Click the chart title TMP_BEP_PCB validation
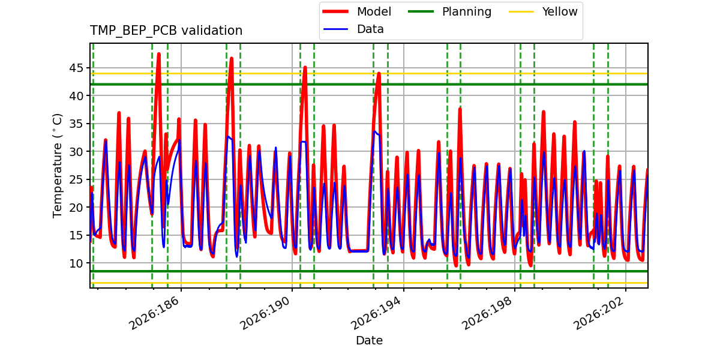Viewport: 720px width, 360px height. pos(166,31)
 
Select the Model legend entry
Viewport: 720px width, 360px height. pos(357,11)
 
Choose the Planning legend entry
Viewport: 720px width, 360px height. pos(449,11)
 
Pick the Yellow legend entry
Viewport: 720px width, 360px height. pos(543,11)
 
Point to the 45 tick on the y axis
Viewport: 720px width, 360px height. pos(76,68)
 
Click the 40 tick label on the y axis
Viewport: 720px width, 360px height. pos(76,96)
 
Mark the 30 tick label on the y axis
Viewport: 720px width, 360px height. pos(76,151)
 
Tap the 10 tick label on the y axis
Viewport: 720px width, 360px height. pos(76,263)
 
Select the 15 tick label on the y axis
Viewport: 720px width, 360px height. pos(76,235)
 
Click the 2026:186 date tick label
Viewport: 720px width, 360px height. pos(154,313)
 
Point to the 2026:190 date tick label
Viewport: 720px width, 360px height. pos(265,313)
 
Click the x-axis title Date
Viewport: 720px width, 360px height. pos(370,340)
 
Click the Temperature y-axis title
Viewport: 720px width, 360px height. pos(57,166)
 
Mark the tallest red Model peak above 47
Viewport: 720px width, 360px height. pos(159,55)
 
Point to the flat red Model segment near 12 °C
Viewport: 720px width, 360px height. pos(359,250)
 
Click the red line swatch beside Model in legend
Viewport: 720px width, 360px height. pos(335,11)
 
